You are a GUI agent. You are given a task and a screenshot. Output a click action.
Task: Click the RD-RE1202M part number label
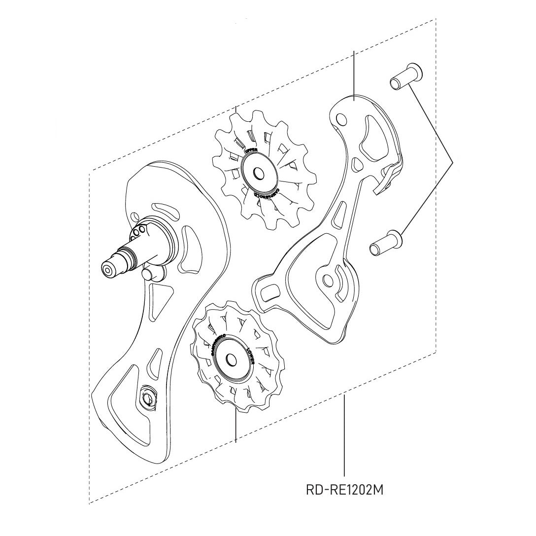[x=343, y=490]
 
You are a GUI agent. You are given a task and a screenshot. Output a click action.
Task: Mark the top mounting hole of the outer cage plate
[x=340, y=119]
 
